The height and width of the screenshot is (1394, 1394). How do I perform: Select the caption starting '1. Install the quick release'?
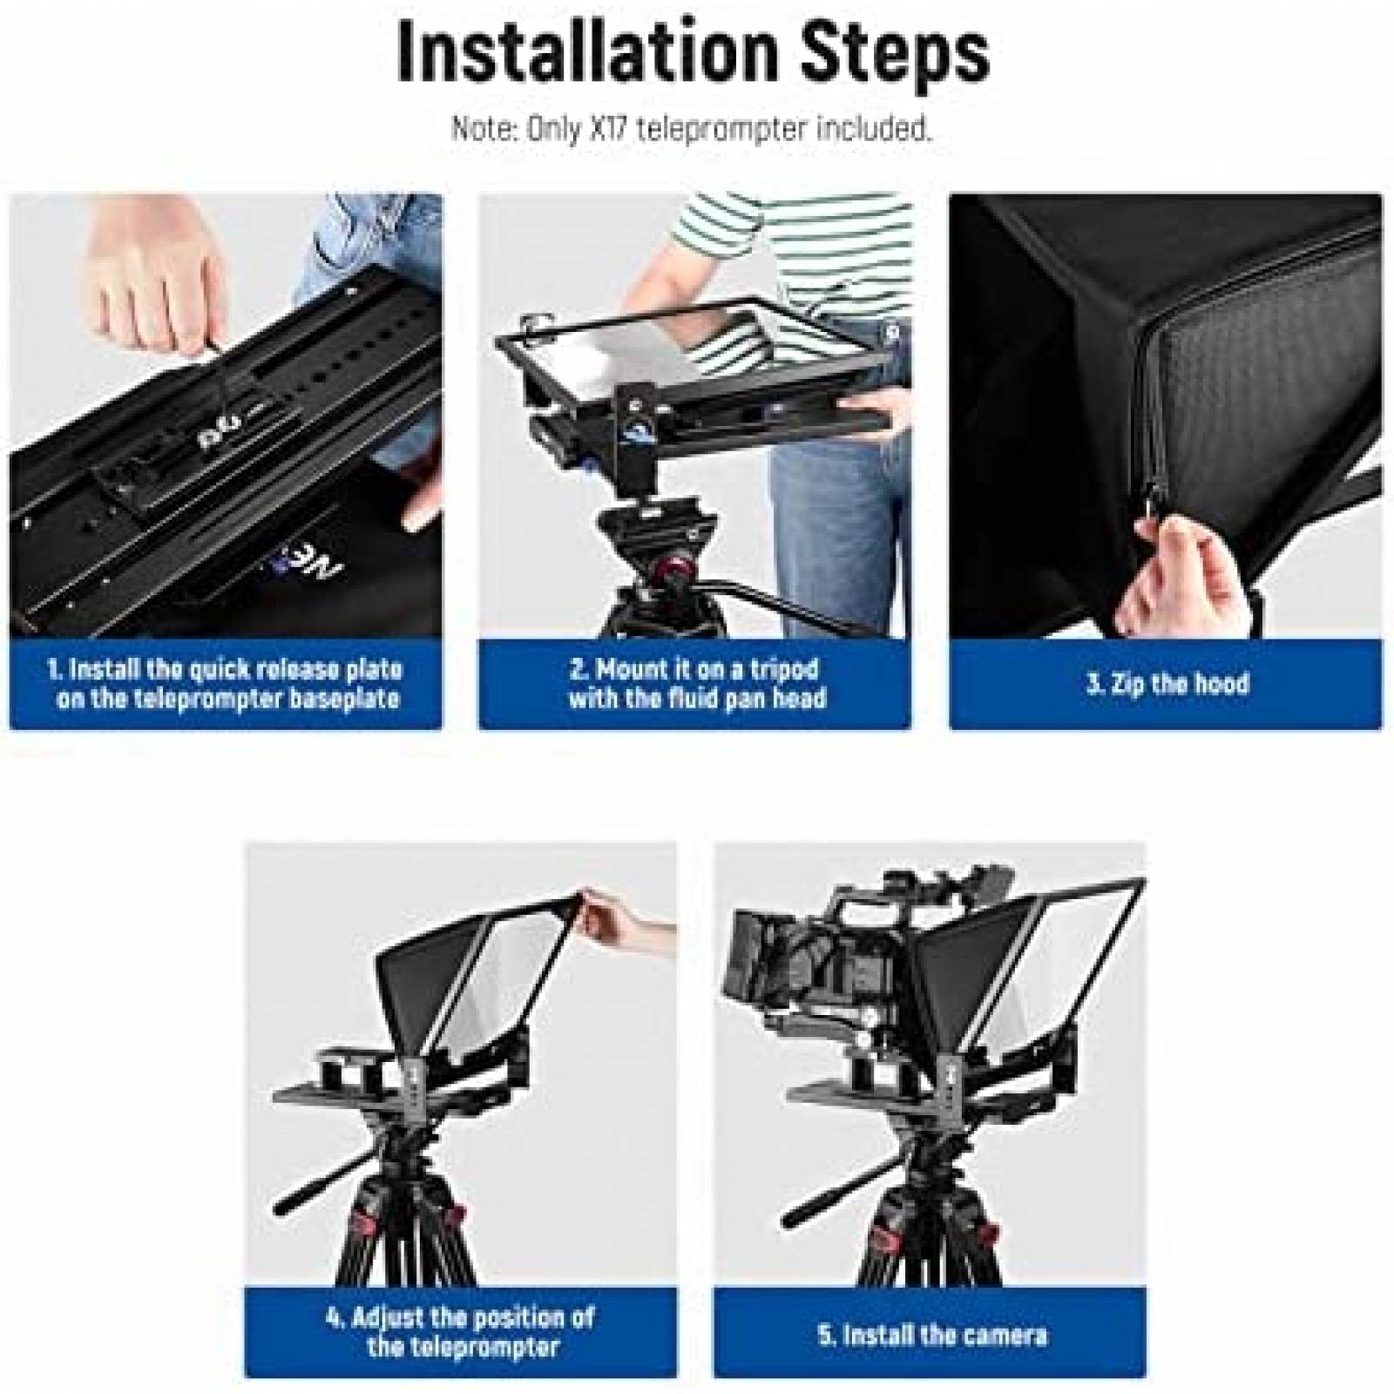click(226, 684)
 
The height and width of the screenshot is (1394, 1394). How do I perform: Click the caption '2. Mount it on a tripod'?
click(695, 684)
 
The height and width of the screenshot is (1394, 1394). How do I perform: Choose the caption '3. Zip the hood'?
click(1167, 684)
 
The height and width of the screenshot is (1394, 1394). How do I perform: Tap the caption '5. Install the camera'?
click(931, 1335)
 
